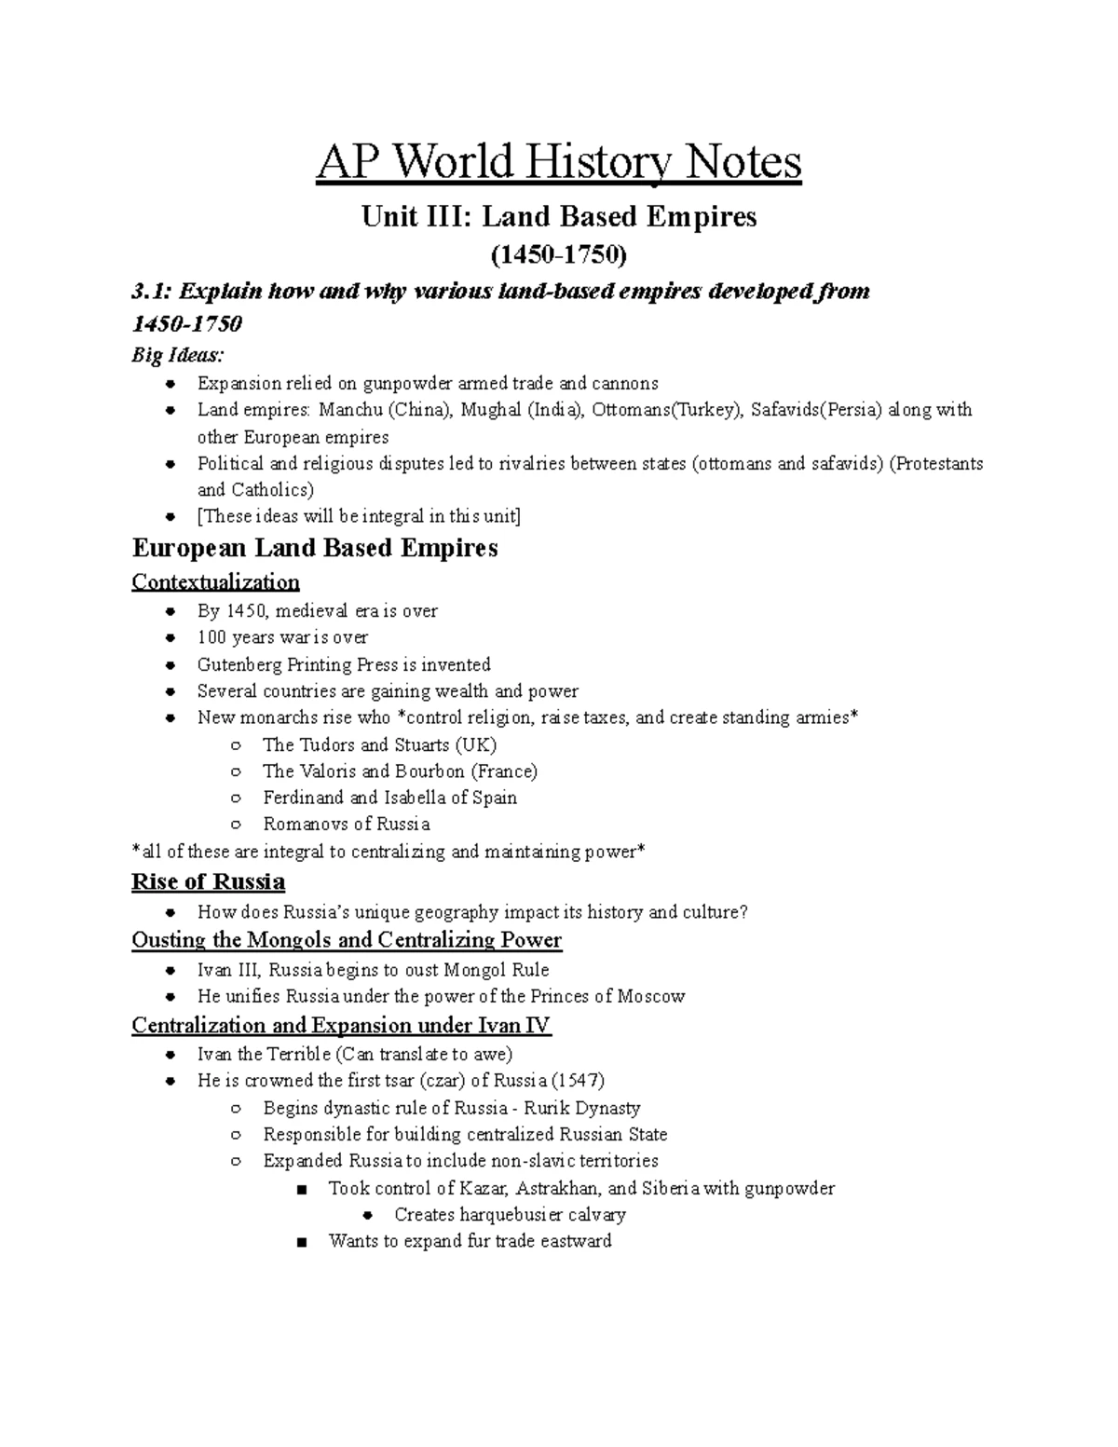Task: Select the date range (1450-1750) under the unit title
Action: coord(559,254)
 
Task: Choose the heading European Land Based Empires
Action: coord(315,548)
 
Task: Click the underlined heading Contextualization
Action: coord(215,582)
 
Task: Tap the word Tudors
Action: coord(327,744)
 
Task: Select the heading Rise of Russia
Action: coord(209,881)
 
